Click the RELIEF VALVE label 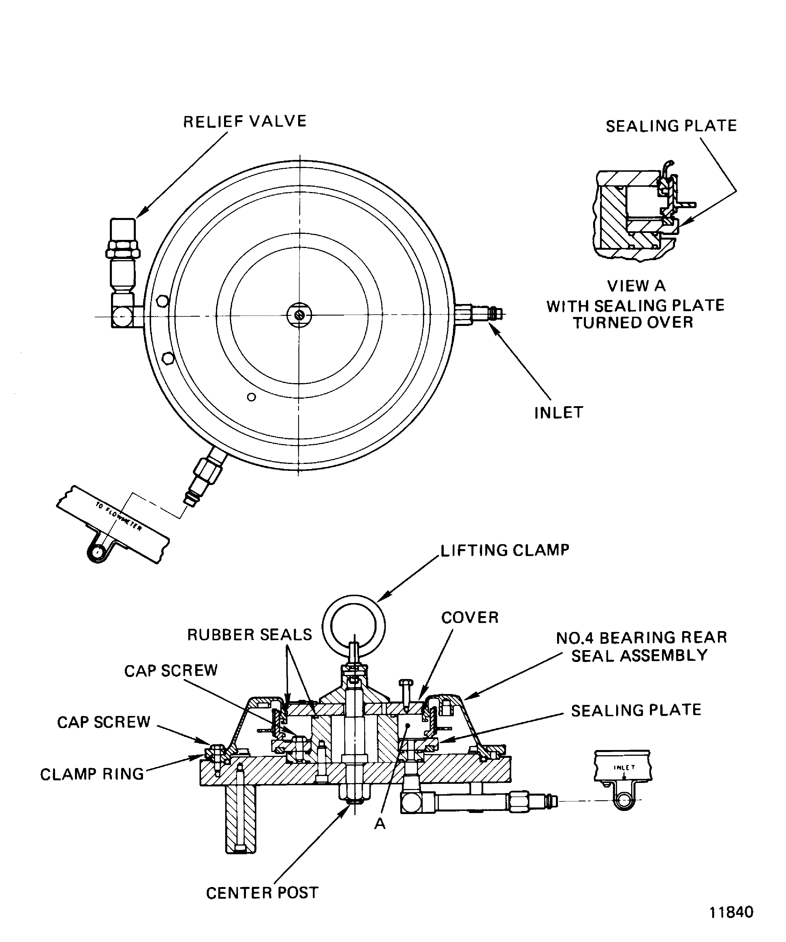(245, 122)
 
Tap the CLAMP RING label (92, 774)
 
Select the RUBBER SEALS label (249, 635)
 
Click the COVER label (470, 618)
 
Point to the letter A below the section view (380, 824)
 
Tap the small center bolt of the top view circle (300, 315)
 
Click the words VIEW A (636, 286)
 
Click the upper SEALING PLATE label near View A (671, 126)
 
